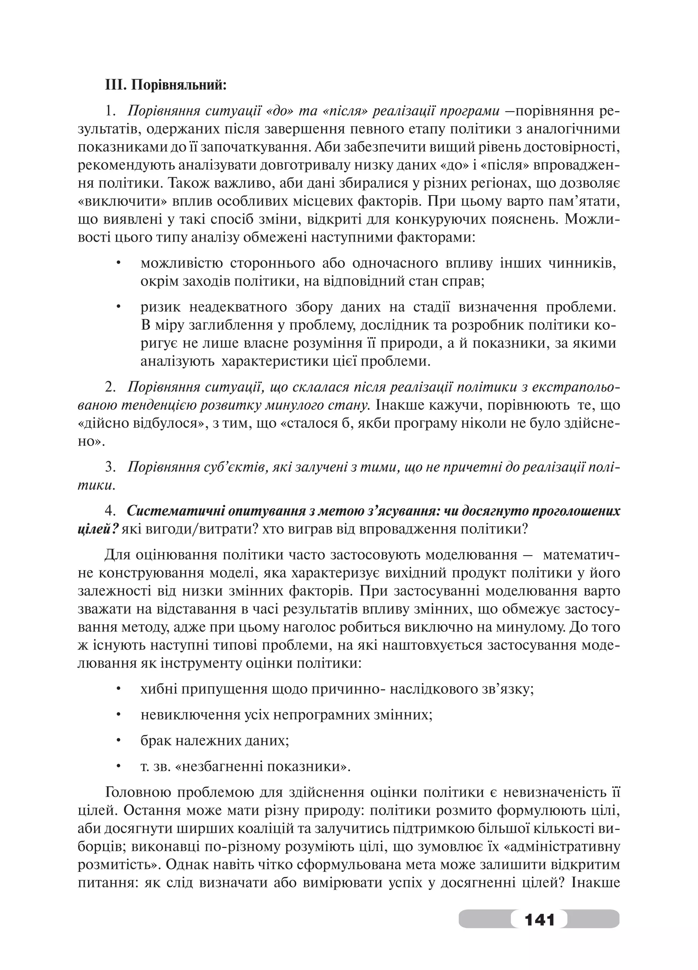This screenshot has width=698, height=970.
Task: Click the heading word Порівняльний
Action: point(178,85)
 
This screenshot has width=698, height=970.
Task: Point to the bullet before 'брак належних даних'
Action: point(118,740)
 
